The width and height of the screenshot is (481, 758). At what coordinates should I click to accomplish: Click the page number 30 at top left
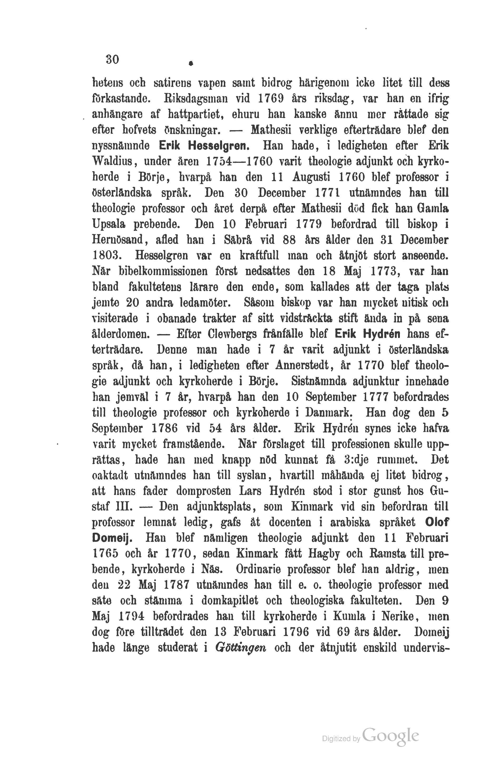point(112,59)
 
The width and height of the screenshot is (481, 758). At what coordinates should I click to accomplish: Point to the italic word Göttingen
point(241,648)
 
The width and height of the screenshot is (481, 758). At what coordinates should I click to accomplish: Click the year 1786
point(164,428)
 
